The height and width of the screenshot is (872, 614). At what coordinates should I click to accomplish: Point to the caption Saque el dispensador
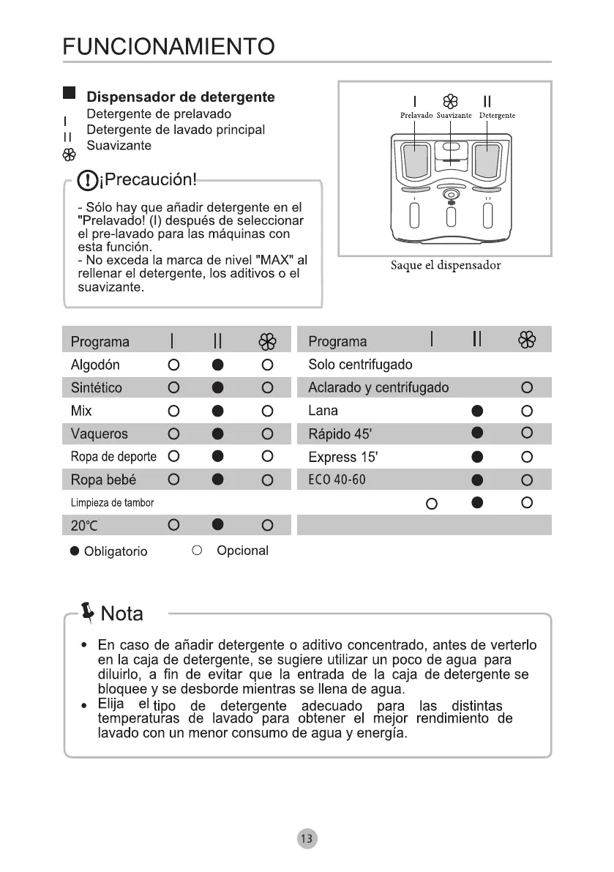pos(445,265)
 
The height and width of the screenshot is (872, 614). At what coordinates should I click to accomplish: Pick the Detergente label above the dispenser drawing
pos(497,116)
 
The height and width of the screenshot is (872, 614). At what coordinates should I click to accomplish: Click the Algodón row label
pos(95,365)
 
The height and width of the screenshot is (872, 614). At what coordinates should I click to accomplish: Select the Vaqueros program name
pos(99,434)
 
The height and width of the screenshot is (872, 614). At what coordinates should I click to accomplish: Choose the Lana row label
pos(323,411)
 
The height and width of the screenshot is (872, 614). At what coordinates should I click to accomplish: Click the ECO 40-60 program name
pos(337,480)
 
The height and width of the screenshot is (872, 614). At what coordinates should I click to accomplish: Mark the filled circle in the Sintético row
pos(217,388)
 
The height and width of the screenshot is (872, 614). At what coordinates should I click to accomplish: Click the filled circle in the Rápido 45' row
pos(478,433)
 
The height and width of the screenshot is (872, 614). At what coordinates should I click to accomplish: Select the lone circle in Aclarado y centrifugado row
pos(527,387)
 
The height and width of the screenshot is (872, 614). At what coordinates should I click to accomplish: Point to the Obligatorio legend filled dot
pos(75,551)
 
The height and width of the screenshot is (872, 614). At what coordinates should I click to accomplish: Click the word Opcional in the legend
pos(242,551)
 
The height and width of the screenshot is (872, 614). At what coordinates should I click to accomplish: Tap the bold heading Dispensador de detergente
pos(181,97)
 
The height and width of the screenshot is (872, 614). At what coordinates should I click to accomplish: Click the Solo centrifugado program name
pos(360,365)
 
